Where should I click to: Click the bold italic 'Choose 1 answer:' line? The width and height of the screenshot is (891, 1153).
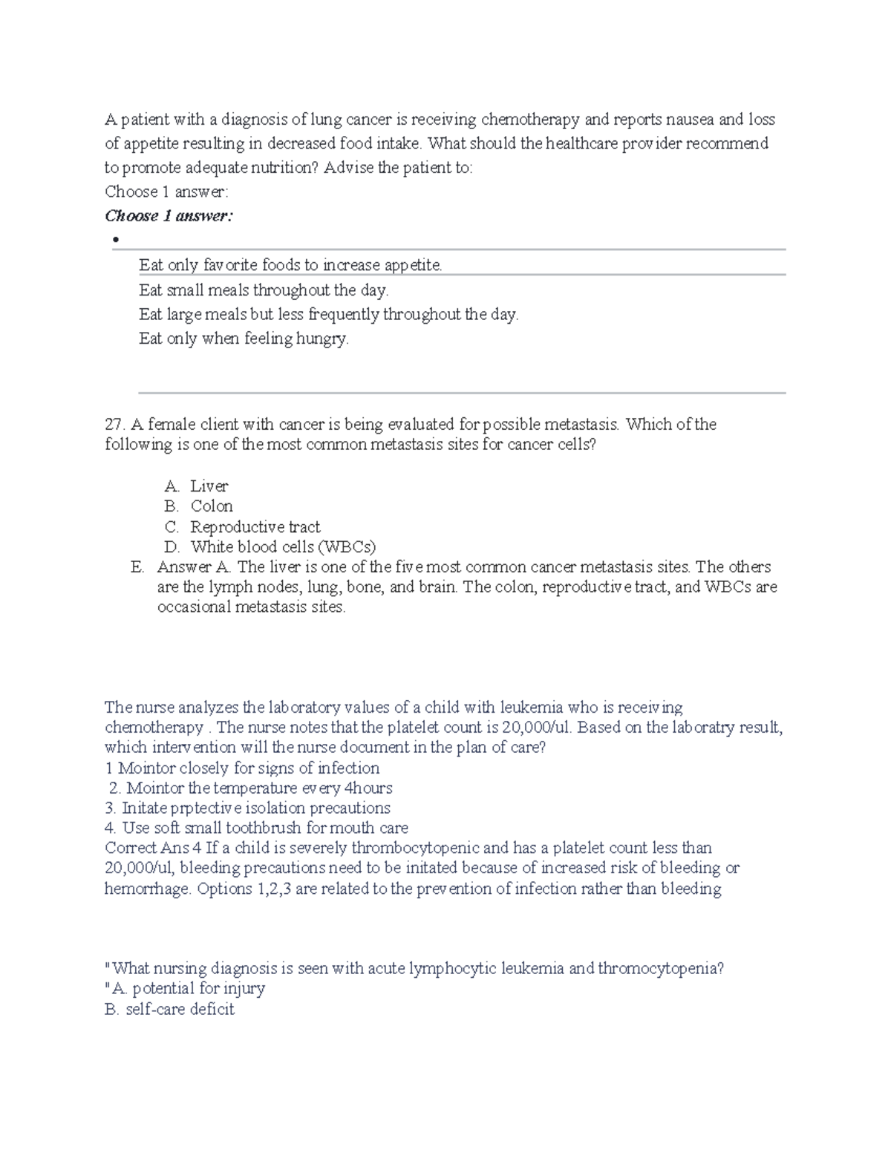(x=169, y=216)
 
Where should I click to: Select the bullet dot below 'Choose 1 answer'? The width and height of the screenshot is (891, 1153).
(x=115, y=240)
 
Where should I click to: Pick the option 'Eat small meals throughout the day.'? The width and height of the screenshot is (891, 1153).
(x=264, y=290)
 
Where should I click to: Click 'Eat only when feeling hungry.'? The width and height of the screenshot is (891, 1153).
(x=244, y=339)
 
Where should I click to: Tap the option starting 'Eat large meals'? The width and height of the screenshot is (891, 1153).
(x=328, y=314)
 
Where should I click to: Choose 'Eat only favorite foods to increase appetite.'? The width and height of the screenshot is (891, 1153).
(x=290, y=265)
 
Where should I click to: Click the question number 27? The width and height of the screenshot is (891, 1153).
(x=114, y=425)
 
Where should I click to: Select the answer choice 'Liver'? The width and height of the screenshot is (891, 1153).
(x=209, y=486)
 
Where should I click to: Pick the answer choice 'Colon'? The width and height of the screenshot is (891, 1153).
(x=212, y=506)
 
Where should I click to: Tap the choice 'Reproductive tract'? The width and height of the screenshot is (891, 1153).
(x=255, y=527)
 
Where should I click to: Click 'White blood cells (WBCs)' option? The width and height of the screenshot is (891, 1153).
(x=283, y=547)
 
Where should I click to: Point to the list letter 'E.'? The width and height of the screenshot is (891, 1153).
(x=137, y=567)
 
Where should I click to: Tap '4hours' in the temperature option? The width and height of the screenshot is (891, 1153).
(x=369, y=788)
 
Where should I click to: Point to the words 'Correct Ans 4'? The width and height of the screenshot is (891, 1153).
(x=154, y=848)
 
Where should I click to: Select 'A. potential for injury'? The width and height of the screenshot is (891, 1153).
(x=187, y=988)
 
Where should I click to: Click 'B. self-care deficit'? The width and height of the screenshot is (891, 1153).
(x=170, y=1009)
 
